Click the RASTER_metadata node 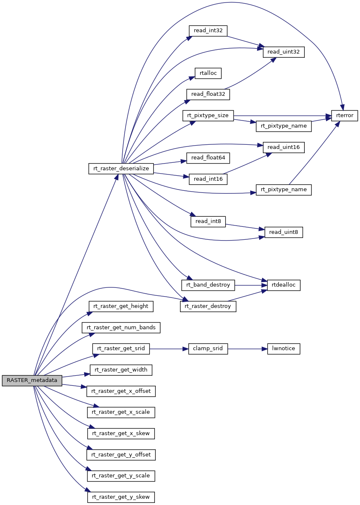(x=32, y=380)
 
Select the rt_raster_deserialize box (x=121, y=168)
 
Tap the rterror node (x=345, y=115)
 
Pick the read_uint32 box (x=283, y=52)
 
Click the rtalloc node (x=208, y=73)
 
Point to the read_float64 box (x=207, y=158)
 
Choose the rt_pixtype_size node (x=208, y=115)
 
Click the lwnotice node (x=284, y=349)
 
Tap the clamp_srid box (x=208, y=349)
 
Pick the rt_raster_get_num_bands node (x=121, y=328)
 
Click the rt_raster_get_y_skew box (x=121, y=497)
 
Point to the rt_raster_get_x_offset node (x=121, y=391)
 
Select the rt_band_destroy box (x=208, y=285)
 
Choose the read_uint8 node (x=283, y=232)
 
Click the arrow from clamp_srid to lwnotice (x=247, y=349)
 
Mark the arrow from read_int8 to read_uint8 (x=245, y=226)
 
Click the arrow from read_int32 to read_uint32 (x=245, y=41)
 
